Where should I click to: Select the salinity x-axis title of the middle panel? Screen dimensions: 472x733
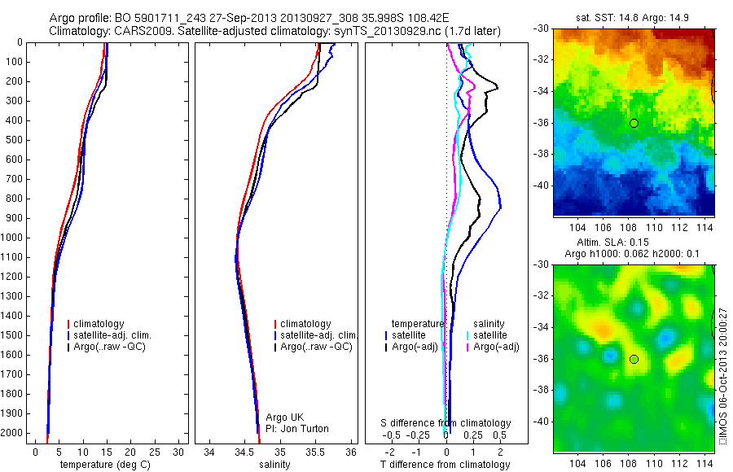point(274,465)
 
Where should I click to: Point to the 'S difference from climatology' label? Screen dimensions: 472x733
point(446,423)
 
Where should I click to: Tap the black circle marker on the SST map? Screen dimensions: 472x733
point(634,123)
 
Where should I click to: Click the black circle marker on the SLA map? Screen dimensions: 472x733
point(634,359)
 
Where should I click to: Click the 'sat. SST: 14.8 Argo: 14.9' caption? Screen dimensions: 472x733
point(634,17)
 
